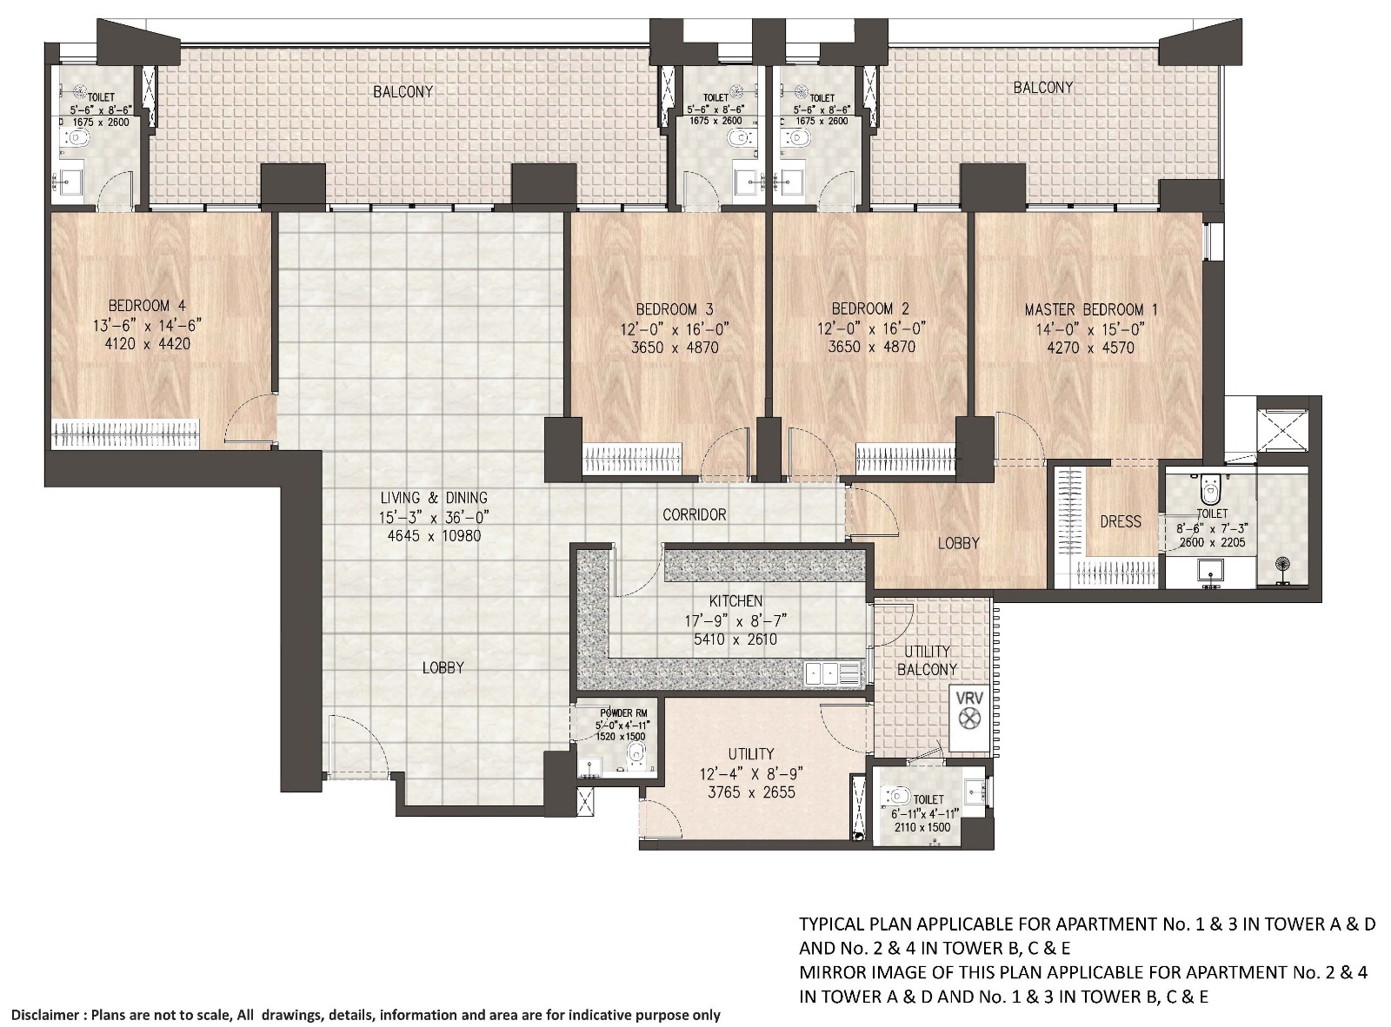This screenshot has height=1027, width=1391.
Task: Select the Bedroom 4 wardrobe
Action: click(x=125, y=434)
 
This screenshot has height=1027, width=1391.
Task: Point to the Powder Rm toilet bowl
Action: click(x=637, y=753)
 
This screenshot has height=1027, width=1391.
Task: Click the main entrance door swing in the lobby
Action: click(x=356, y=745)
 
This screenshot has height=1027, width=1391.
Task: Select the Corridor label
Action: click(x=694, y=514)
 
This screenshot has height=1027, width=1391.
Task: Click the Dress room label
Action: click(x=1120, y=521)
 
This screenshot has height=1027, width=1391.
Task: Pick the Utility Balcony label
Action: click(x=927, y=660)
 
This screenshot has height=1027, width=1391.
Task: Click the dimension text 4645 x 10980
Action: click(x=434, y=536)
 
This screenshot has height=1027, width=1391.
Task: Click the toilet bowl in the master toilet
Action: click(x=1209, y=493)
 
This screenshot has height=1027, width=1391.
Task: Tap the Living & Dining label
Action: click(x=434, y=498)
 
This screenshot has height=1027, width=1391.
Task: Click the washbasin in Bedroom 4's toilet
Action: click(x=68, y=182)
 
